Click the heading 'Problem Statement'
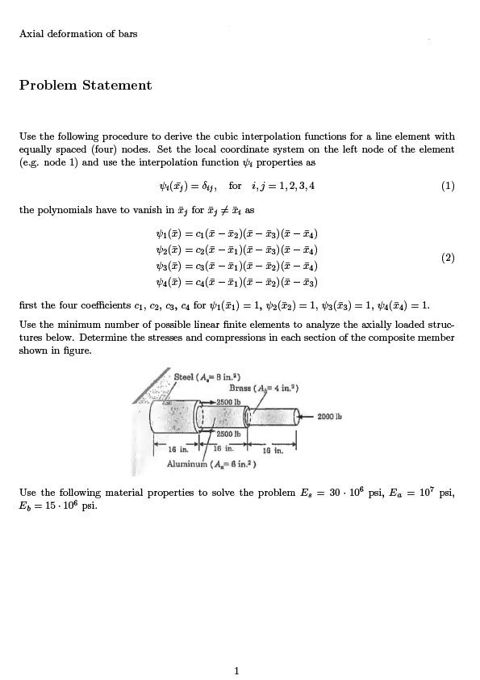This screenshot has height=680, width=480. click(x=86, y=86)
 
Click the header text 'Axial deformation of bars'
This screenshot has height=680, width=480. click(x=78, y=34)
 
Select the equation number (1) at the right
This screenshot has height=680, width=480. click(x=448, y=186)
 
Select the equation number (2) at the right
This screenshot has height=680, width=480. click(x=448, y=258)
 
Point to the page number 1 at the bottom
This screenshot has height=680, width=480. click(x=236, y=670)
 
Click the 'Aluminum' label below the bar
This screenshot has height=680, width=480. click(x=187, y=464)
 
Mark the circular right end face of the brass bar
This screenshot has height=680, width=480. click(x=299, y=417)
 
